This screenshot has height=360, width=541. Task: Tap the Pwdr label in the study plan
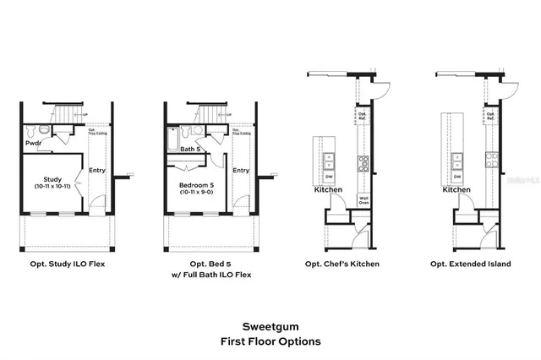(x=33, y=144)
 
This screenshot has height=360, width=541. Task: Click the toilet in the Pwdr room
(x=31, y=131)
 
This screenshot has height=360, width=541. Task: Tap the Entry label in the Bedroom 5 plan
(x=241, y=170)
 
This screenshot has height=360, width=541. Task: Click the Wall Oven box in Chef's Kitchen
(x=363, y=201)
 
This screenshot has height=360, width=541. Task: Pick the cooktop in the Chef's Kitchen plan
(x=363, y=162)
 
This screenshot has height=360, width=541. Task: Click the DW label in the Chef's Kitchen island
(x=330, y=177)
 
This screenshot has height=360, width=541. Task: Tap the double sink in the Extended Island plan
(x=457, y=160)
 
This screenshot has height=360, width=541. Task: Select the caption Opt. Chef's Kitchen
(x=342, y=265)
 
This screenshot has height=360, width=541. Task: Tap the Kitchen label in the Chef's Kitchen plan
(x=328, y=190)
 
